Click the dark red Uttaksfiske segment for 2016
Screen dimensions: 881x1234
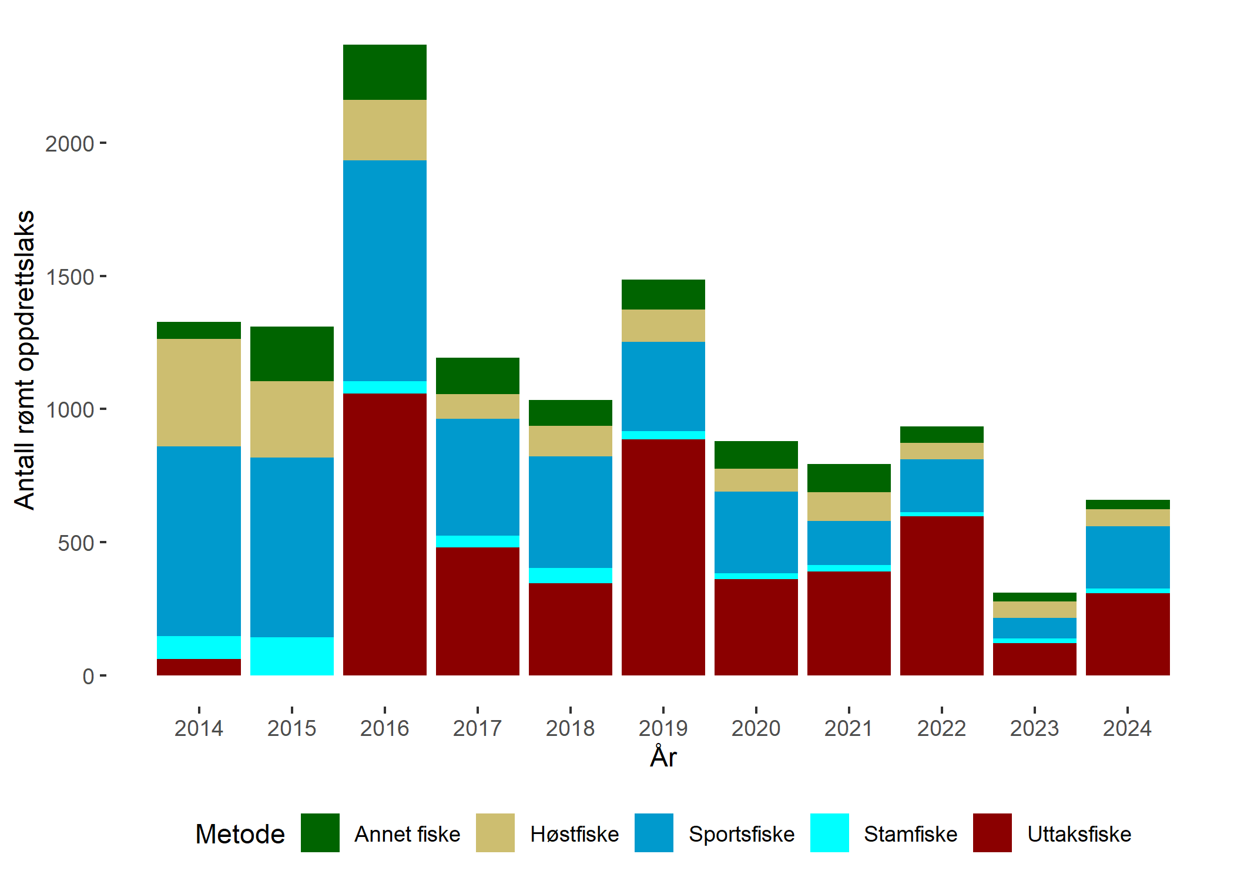[x=385, y=534]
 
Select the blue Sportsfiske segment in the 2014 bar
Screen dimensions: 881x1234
[x=199, y=540]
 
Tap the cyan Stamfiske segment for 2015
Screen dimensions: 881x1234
[x=292, y=656]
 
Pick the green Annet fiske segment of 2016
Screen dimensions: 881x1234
[x=385, y=72]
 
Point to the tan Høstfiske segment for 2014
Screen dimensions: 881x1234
[x=199, y=392]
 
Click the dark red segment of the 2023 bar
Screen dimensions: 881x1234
[x=1035, y=659]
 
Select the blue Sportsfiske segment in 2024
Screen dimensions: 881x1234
[x=1128, y=557]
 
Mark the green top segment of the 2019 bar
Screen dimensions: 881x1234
[x=663, y=294]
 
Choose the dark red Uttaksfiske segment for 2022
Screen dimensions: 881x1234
[x=942, y=596]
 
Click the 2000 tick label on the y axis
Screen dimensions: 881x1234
[x=69, y=144]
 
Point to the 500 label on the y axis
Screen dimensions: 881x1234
[x=76, y=543]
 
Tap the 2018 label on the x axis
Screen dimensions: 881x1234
[x=570, y=728]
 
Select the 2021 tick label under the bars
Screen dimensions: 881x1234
[x=849, y=728]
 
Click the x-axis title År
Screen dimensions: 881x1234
[x=663, y=757]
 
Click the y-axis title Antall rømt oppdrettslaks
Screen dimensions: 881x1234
[x=25, y=359]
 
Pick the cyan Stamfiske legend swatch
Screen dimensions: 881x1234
[x=829, y=833]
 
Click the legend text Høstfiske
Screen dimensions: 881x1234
[x=574, y=834]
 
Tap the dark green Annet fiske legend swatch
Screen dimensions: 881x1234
[x=320, y=833]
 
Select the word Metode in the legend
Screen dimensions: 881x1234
[x=240, y=834]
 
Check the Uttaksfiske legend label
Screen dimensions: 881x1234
[x=1079, y=834]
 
